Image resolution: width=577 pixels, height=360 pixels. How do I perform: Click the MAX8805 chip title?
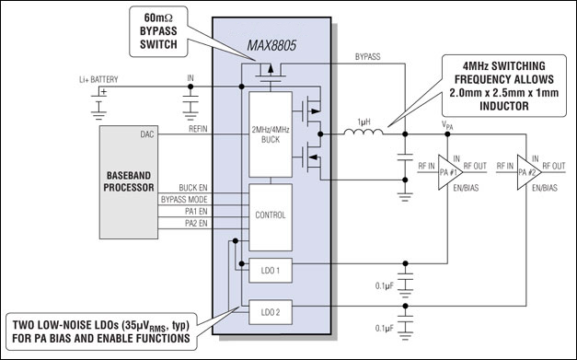click(x=271, y=46)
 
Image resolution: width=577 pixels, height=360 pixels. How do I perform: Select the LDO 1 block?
click(x=271, y=271)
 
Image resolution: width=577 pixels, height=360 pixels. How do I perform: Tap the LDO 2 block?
click(x=271, y=312)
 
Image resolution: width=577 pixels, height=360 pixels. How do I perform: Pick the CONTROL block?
click(x=271, y=217)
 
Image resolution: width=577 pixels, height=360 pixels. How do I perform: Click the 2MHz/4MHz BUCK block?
click(x=271, y=134)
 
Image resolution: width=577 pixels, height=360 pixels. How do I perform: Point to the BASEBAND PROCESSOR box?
click(x=129, y=182)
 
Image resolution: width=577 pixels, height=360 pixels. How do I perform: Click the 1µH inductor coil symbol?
click(x=364, y=133)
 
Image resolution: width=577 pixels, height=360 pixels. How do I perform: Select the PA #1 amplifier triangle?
click(x=450, y=172)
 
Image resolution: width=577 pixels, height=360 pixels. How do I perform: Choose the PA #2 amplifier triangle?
click(x=529, y=172)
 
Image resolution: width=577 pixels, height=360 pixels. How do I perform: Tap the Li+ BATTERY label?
click(x=98, y=79)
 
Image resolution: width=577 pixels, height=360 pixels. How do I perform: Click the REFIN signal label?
click(x=198, y=129)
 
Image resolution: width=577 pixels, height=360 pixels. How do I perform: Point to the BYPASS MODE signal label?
click(x=184, y=200)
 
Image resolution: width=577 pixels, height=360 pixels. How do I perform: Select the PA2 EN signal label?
click(x=196, y=223)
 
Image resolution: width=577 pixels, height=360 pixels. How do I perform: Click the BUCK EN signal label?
click(x=193, y=188)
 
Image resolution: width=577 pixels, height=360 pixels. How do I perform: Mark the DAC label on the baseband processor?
click(x=147, y=134)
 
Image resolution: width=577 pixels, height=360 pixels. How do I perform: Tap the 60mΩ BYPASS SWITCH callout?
click(x=158, y=31)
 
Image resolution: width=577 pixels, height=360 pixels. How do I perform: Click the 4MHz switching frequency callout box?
click(x=504, y=86)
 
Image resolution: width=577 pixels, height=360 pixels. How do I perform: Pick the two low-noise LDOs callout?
click(x=101, y=331)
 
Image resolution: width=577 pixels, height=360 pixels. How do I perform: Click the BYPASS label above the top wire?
click(x=367, y=57)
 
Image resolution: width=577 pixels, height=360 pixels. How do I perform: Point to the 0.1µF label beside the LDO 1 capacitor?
click(x=385, y=285)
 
